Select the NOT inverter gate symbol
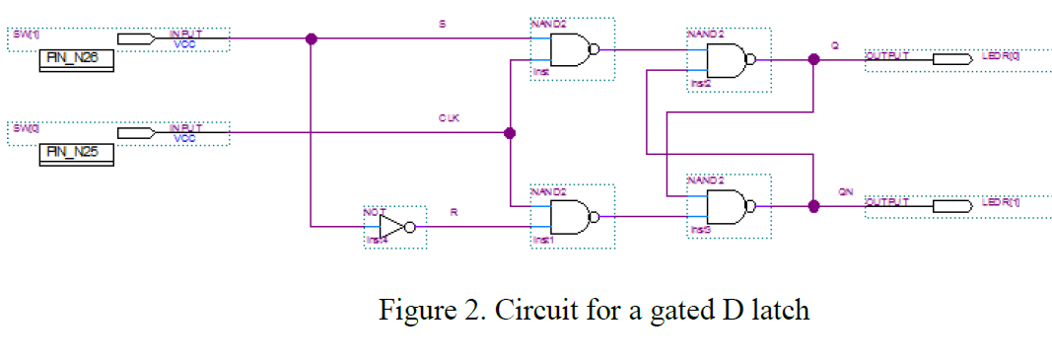[x=395, y=227]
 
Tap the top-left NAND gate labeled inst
[x=572, y=48]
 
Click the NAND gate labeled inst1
[x=572, y=216]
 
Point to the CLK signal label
[x=450, y=117]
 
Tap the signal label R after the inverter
[x=453, y=211]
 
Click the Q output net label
[x=836, y=45]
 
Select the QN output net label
[x=845, y=192]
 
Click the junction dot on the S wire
[x=311, y=39]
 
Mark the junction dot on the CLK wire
[x=509, y=132]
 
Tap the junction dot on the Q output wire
[x=813, y=59]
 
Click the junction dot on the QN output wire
[x=813, y=206]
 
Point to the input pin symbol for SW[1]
[x=136, y=39]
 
